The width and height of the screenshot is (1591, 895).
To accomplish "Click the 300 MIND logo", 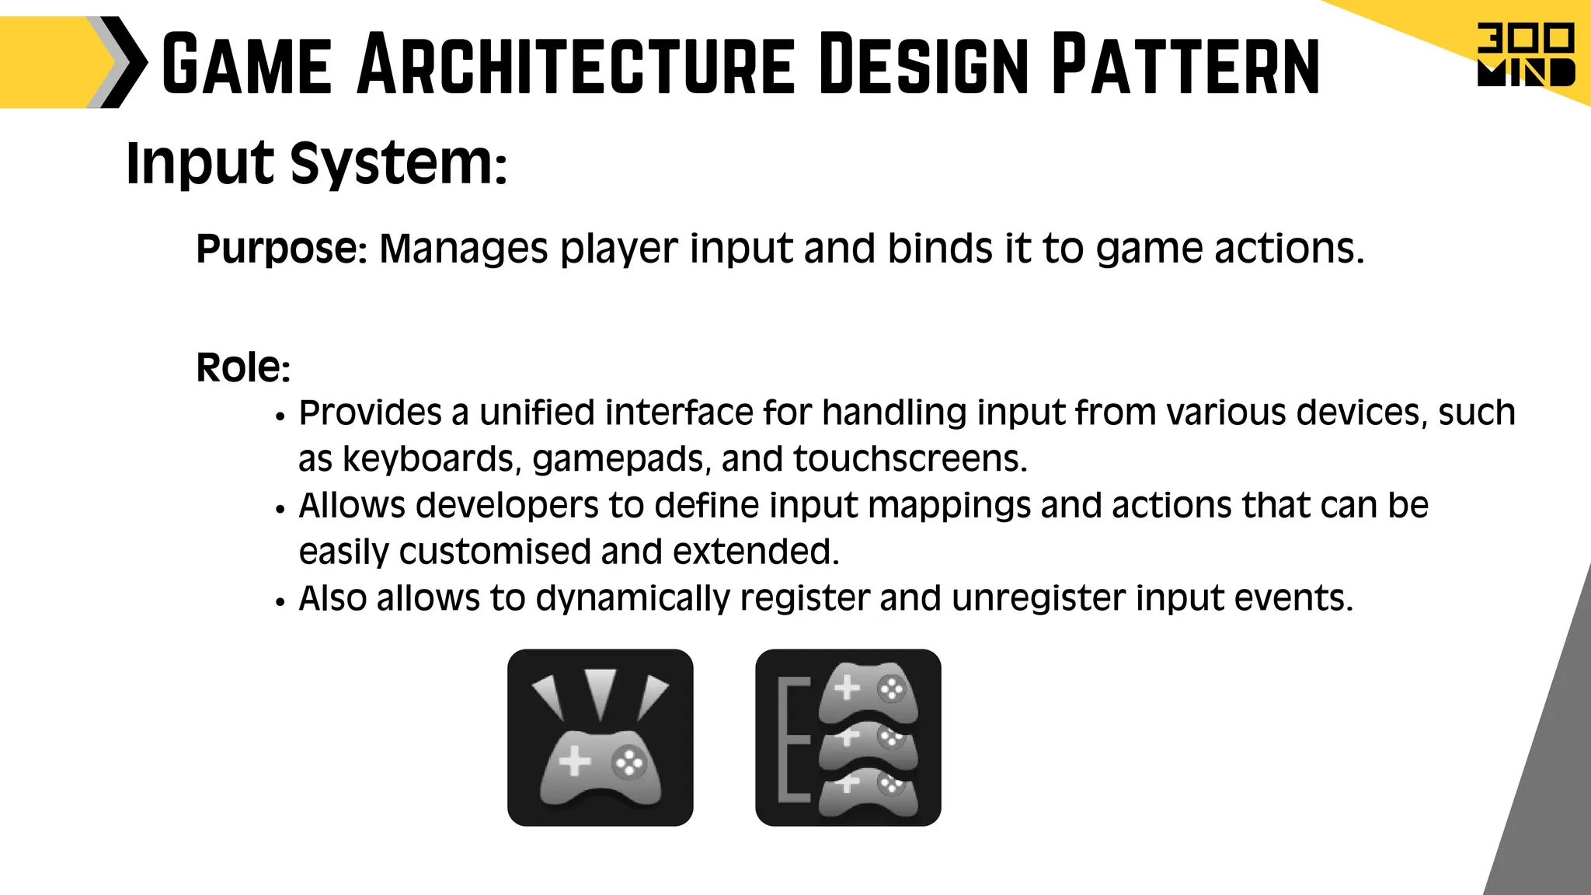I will [1525, 55].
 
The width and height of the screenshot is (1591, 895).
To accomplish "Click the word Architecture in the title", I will [576, 64].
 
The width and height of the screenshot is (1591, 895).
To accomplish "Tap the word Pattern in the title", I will [1185, 64].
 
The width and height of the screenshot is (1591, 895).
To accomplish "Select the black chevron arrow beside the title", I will [124, 62].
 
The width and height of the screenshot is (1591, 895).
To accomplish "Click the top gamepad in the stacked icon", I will [869, 691].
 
